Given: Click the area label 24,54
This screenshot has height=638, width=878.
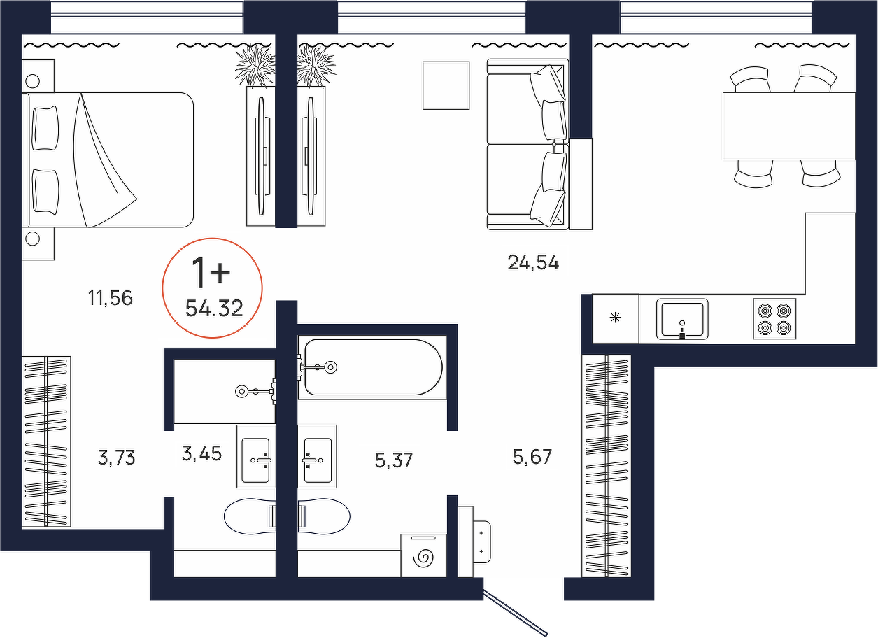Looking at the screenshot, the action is (533, 262).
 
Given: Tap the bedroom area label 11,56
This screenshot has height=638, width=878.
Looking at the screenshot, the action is (111, 298).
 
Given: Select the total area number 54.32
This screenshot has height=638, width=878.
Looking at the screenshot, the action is (214, 309).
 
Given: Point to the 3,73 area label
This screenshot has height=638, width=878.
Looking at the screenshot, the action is (116, 458).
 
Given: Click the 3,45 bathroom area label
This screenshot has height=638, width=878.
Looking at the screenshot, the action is (202, 453).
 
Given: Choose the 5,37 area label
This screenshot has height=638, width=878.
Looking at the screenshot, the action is (394, 460).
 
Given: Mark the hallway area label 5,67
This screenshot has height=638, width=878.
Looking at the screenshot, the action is (532, 457).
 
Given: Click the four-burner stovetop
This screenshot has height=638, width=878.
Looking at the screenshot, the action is (774, 318).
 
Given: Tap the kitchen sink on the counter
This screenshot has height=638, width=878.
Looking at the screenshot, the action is (682, 318).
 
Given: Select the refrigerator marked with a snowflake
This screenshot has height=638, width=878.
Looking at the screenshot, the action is (616, 318).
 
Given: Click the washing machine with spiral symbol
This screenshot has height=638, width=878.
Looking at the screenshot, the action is (424, 555).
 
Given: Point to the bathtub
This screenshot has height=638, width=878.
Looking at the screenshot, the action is (372, 367).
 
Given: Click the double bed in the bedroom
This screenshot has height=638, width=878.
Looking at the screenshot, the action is (108, 160).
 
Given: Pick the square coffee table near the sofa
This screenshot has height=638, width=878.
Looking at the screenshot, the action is (446, 85).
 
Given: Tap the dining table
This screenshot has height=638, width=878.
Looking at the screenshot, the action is (789, 126).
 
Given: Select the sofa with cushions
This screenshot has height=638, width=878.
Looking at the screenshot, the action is (527, 144).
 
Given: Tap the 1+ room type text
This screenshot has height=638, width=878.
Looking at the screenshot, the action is (210, 273).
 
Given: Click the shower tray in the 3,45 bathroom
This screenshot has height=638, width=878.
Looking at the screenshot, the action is (225, 392).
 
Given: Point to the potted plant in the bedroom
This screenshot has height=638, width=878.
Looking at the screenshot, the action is (255, 66).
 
